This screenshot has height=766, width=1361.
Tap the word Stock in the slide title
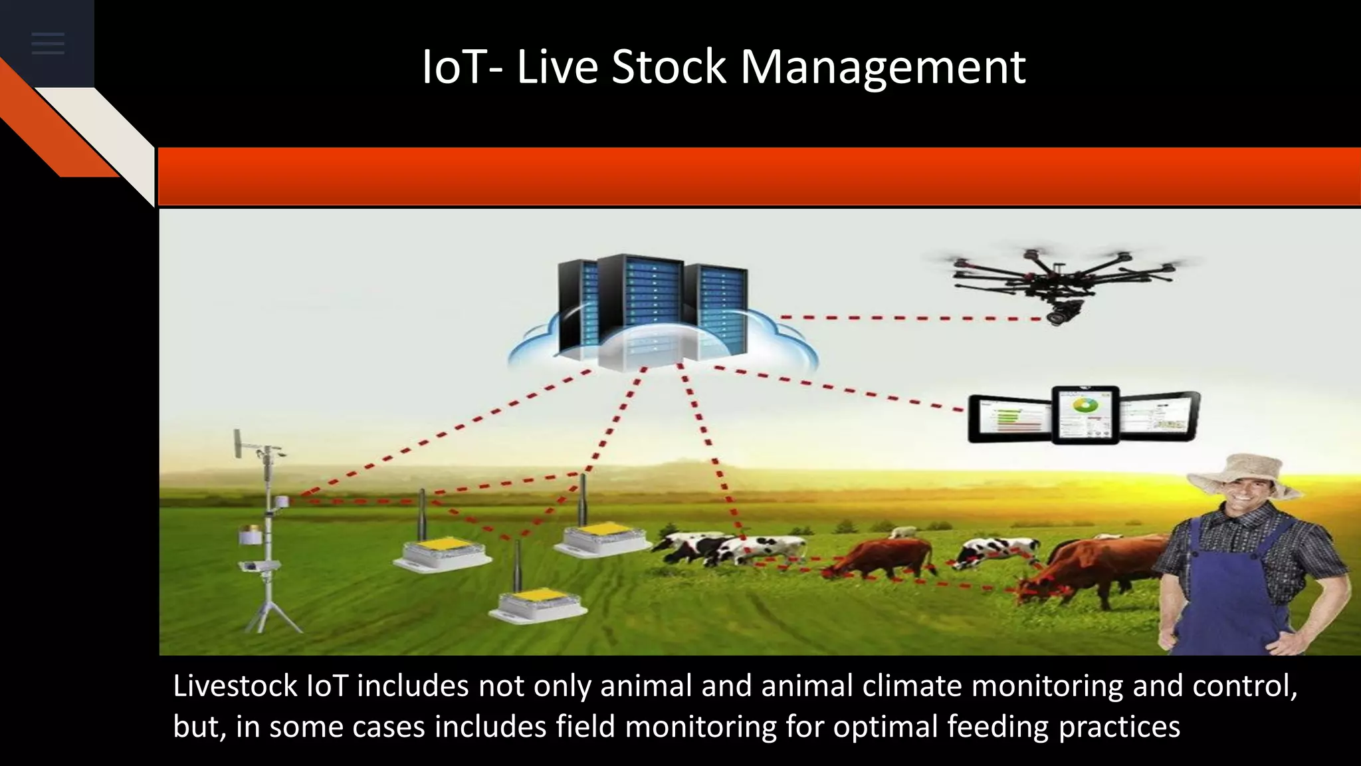point(668,66)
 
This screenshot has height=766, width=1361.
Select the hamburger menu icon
point(48,44)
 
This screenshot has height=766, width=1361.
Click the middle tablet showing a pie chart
point(1086,414)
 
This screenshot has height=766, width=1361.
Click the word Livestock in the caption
point(235,686)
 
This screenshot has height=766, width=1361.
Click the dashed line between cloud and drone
point(910,318)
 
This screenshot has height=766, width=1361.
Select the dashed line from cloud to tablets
point(844,388)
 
